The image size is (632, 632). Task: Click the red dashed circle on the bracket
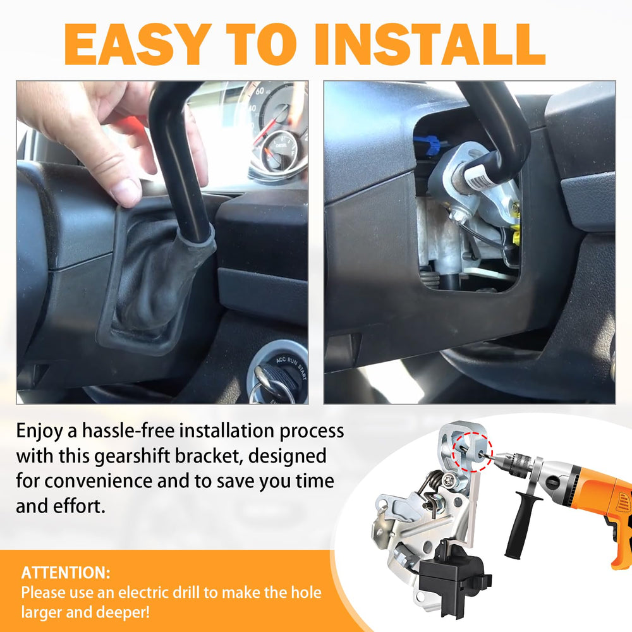[472, 451]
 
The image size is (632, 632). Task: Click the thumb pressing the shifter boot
[125, 190]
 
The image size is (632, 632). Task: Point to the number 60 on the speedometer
[260, 91]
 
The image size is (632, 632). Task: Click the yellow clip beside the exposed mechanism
[516, 236]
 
